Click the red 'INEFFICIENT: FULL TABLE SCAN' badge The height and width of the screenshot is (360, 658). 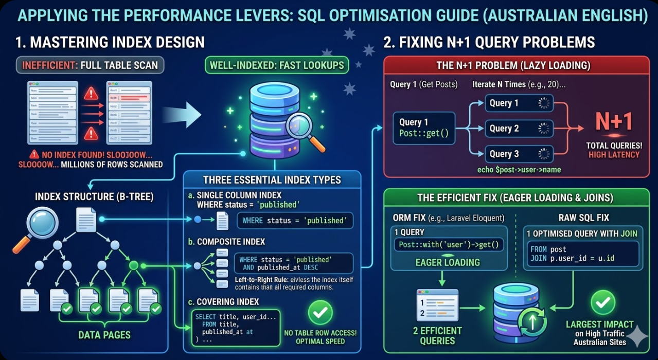tap(91, 65)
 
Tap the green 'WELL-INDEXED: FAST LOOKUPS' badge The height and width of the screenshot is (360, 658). tap(277, 65)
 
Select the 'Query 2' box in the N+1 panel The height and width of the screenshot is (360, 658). tap(519, 129)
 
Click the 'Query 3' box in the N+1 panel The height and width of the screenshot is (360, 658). tap(519, 154)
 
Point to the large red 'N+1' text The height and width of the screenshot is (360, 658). tap(613, 122)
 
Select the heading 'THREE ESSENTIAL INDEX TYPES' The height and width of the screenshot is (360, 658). tap(272, 180)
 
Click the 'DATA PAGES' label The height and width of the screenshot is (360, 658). tap(104, 335)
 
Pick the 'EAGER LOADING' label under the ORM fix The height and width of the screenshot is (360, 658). tap(448, 262)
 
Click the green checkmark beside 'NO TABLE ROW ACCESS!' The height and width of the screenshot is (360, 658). tap(320, 313)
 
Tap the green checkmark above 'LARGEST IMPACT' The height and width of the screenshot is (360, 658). tap(599, 303)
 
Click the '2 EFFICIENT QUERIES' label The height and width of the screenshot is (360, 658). tap(437, 335)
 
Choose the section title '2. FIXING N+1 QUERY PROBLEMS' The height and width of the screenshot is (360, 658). tap(489, 42)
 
